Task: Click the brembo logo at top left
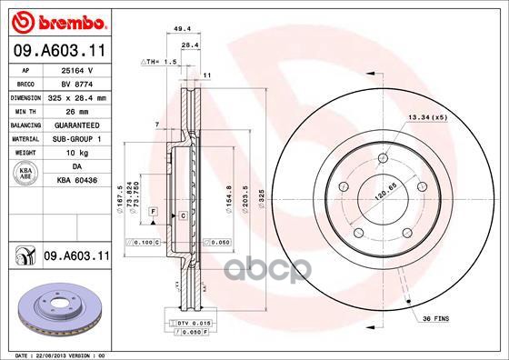[x=56, y=20]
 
